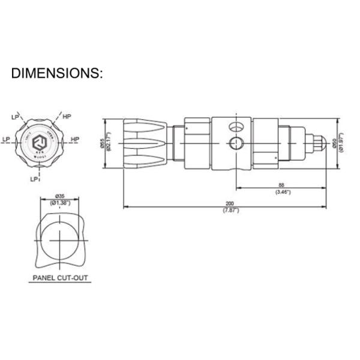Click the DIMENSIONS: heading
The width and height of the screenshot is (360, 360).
pos(57,74)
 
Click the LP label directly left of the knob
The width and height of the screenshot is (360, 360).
pos(7,139)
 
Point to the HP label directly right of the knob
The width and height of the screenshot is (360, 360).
pos(76,139)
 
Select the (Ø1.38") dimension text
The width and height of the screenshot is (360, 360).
pos(60,202)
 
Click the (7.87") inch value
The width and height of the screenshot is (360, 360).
pos(229,211)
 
